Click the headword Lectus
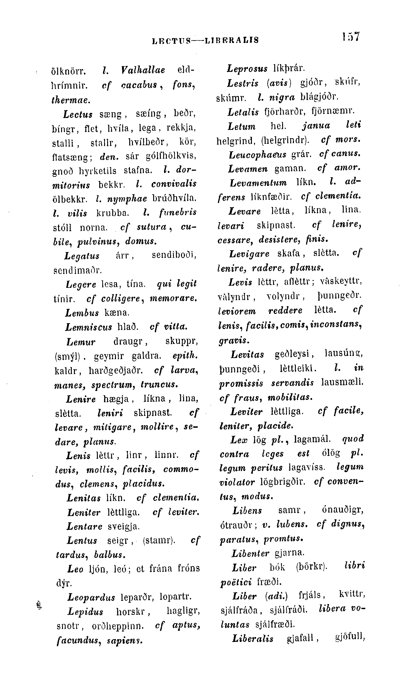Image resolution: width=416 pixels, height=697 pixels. pyautogui.click(x=78, y=114)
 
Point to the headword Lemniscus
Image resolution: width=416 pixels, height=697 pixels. pyautogui.click(x=89, y=327)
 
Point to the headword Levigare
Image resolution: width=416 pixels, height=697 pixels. pyautogui.click(x=249, y=254)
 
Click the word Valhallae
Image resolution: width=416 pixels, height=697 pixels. pyautogui.click(x=143, y=70)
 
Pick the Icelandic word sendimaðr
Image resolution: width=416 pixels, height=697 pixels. pyautogui.click(x=77, y=270)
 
